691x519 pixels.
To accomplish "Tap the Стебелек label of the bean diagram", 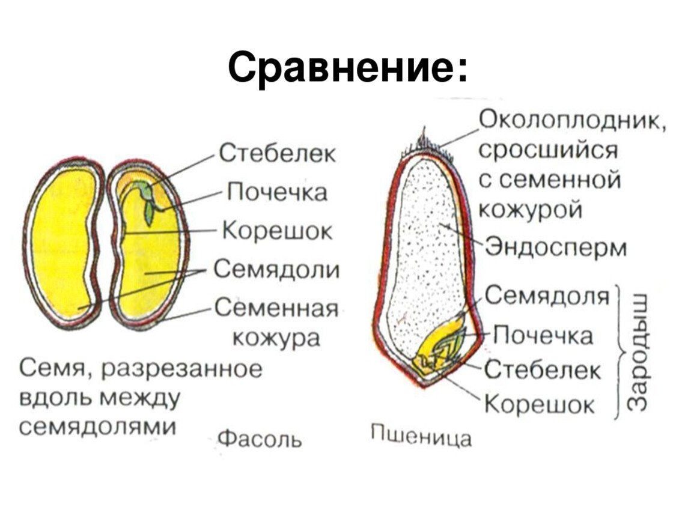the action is click(278, 154).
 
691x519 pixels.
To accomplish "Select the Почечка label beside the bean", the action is click(278, 192).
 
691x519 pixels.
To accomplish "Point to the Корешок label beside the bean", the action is click(277, 231).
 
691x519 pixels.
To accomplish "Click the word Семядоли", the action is click(277, 269).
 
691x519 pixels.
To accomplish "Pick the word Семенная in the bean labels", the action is click(277, 308).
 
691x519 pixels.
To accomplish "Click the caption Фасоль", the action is click(260, 439).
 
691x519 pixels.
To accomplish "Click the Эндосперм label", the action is click(556, 247).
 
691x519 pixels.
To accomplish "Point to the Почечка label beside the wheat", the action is click(543, 336).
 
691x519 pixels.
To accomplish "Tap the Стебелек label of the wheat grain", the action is click(543, 371).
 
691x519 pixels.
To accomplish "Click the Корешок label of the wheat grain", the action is click(540, 404).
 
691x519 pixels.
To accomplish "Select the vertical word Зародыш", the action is click(638, 351).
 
